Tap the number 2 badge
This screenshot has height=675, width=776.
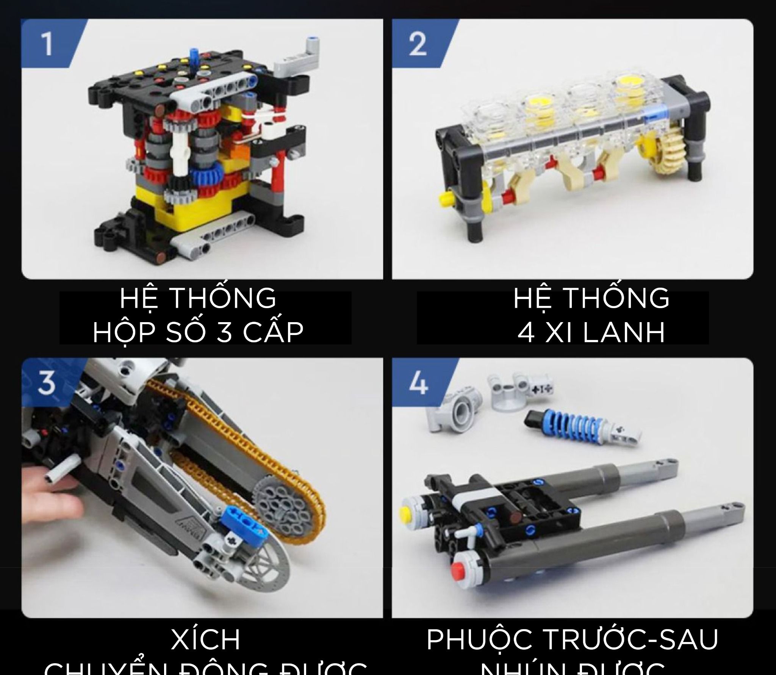point(418,45)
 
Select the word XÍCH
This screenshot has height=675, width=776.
point(206,639)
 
